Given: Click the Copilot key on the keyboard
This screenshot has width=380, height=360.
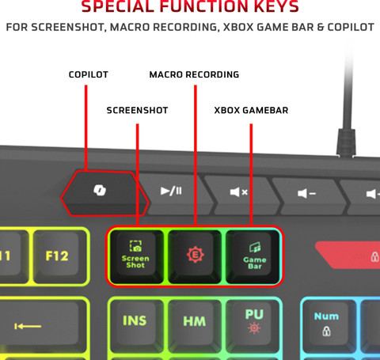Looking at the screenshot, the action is (x=104, y=193).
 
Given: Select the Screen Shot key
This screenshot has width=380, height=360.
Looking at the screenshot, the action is (x=136, y=255).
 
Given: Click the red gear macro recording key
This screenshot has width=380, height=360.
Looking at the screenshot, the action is (x=195, y=255).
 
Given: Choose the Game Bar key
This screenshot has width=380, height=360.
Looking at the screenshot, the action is (x=253, y=256).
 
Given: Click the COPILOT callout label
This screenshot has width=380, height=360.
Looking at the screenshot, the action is (x=89, y=74).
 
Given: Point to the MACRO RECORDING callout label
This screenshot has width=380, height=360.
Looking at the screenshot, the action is (x=194, y=74).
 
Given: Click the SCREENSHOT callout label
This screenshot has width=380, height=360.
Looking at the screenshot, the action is (x=137, y=110).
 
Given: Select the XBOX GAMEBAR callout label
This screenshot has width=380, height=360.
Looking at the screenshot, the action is (x=251, y=110).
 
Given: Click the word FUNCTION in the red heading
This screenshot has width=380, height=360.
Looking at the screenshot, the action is (x=200, y=7).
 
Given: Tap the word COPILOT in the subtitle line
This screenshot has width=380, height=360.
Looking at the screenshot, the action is (x=351, y=27).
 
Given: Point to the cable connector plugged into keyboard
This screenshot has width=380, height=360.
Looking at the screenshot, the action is (x=346, y=142).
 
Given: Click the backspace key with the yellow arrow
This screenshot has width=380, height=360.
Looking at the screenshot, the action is (x=44, y=325).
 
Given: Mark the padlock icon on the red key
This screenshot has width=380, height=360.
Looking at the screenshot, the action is (x=374, y=256).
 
